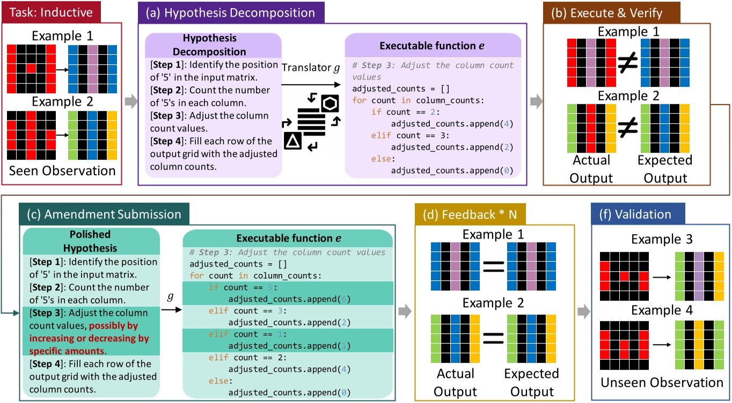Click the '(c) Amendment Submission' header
click(101, 214)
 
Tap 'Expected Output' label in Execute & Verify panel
click(664, 168)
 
